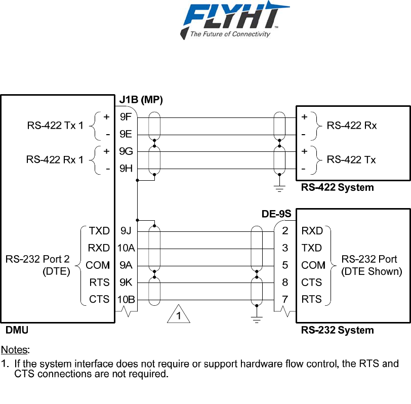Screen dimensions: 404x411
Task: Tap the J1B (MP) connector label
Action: [x=141, y=100]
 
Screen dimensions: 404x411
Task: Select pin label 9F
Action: [x=126, y=117]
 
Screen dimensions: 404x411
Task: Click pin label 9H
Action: [x=126, y=169]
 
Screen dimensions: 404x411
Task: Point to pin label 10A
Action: [x=126, y=248]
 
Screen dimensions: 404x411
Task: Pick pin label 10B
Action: [x=126, y=299]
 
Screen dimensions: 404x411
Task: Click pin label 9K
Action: [x=126, y=282]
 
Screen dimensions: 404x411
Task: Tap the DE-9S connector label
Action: [x=276, y=214]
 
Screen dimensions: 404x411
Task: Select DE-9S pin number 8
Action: [x=285, y=282]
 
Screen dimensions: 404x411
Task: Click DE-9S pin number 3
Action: [x=285, y=248]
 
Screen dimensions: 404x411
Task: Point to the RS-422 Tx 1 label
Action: [x=55, y=126]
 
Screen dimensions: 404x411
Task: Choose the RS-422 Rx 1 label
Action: [x=55, y=160]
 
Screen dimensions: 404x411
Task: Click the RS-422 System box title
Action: [x=337, y=187]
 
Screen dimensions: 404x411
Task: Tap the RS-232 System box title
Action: [x=337, y=330]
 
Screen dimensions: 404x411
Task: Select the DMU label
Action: [x=17, y=330]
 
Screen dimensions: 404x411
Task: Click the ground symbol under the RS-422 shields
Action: [x=279, y=188]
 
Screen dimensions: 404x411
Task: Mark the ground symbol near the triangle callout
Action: [x=257, y=319]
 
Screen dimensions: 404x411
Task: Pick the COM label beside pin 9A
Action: [x=98, y=265]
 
